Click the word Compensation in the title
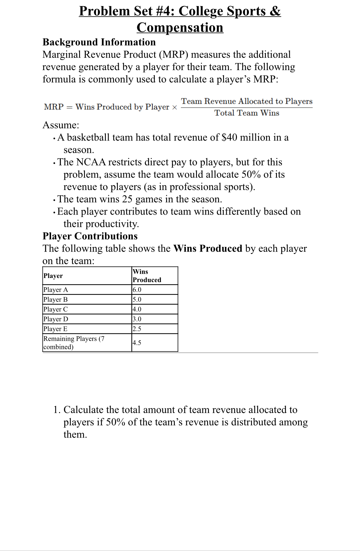tap(180, 28)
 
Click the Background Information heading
tap(99, 42)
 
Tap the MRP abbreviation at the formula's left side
tap(54, 107)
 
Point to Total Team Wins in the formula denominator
tap(247, 113)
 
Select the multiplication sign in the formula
tap(174, 107)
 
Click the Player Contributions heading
tap(90, 236)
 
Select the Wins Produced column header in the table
tap(147, 275)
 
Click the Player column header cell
tap(53, 276)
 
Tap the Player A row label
tap(56, 290)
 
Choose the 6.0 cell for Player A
tap(137, 290)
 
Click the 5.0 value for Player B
tap(137, 299)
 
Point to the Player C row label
tap(56, 309)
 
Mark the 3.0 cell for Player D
tap(137, 319)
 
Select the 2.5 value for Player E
tap(137, 329)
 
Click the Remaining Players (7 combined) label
tap(74, 343)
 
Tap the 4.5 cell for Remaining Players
tap(137, 343)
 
